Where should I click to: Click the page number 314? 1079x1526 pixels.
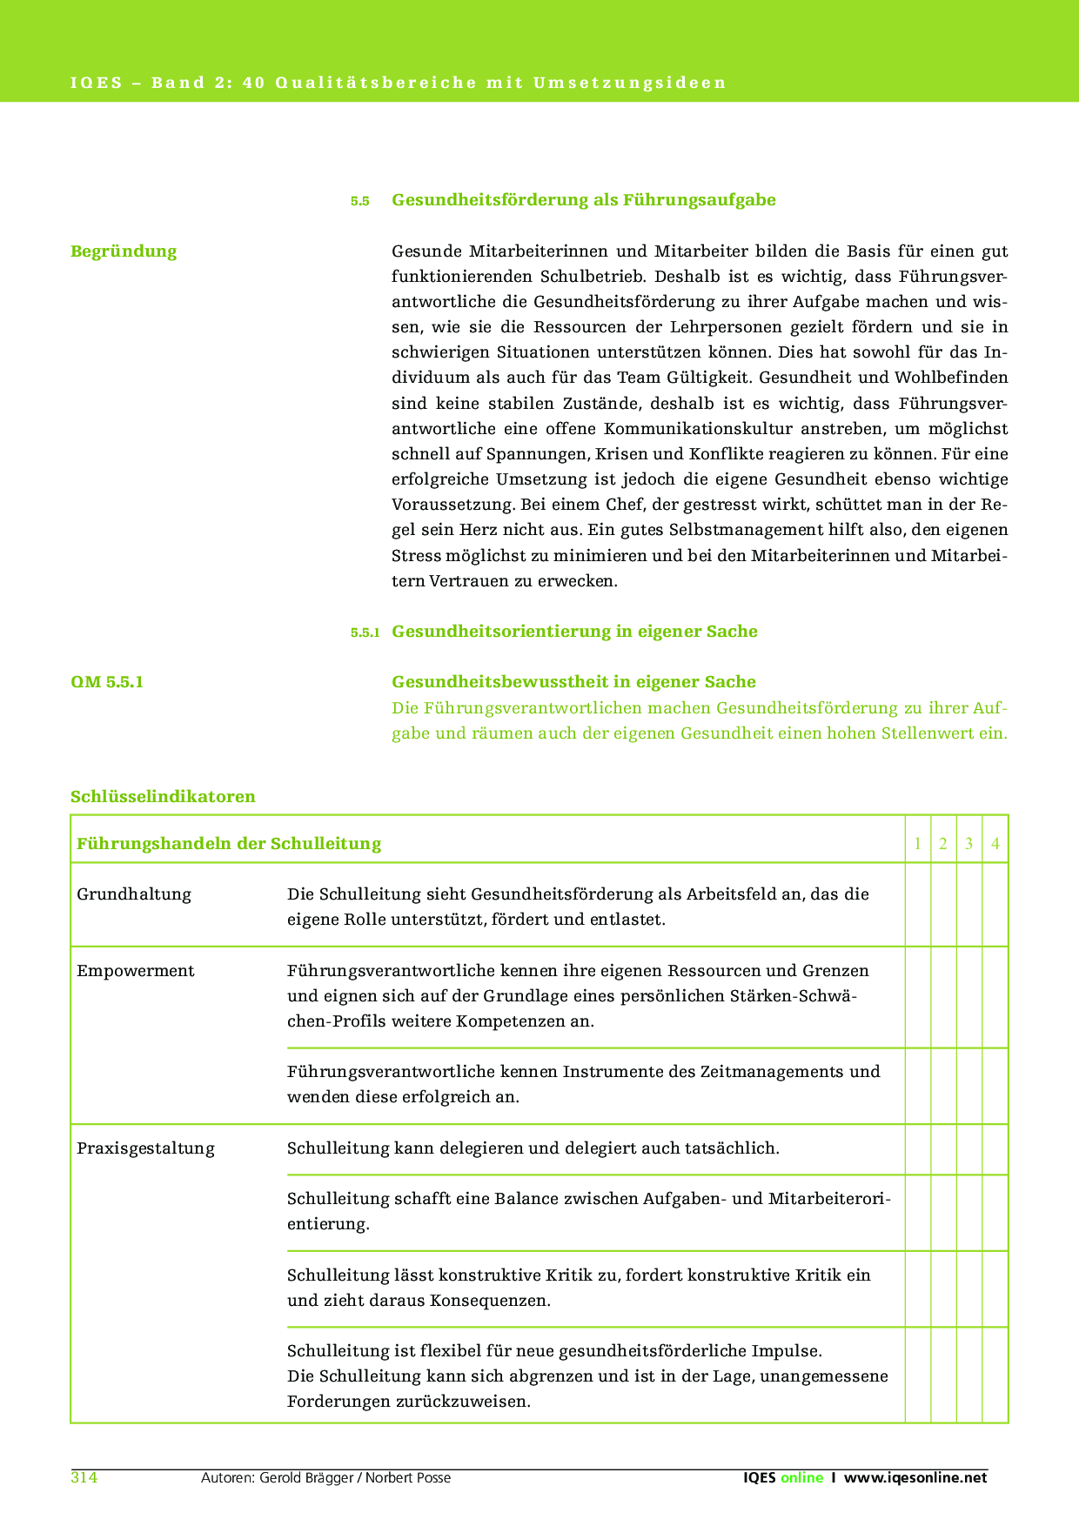(x=84, y=1478)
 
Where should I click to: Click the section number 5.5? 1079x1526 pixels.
(x=360, y=201)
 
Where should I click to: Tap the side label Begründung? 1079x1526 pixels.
(x=124, y=251)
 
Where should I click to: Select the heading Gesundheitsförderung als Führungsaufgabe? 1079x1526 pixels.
(x=584, y=200)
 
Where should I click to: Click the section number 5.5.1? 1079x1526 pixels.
(x=365, y=632)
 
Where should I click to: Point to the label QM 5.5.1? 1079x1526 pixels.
(x=107, y=682)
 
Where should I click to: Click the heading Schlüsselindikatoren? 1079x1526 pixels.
(x=163, y=797)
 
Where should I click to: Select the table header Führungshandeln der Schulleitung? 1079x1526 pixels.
(x=229, y=843)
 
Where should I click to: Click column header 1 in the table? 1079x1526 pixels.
(x=917, y=843)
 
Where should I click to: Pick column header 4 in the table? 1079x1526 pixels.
(x=995, y=843)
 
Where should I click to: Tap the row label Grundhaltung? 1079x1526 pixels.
(x=134, y=894)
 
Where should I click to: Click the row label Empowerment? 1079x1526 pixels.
(x=136, y=971)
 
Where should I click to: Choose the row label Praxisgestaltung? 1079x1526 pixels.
(x=145, y=1148)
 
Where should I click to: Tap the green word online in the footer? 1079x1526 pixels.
(x=801, y=1478)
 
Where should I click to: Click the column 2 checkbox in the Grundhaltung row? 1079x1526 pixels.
(x=943, y=905)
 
